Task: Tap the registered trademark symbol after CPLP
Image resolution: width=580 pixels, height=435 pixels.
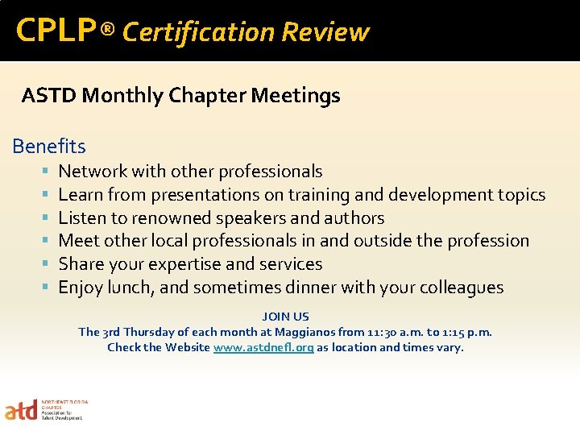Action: tap(109, 31)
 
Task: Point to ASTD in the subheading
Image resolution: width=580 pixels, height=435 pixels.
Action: tap(49, 96)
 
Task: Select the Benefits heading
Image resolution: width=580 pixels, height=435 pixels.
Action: tap(49, 147)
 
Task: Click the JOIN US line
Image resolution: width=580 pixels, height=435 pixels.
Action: tap(285, 317)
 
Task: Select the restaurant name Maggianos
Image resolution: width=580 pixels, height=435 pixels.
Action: tap(308, 332)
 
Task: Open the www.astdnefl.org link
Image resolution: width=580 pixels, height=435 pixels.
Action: tap(263, 347)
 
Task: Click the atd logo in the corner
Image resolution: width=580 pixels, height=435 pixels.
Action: tap(22, 411)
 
